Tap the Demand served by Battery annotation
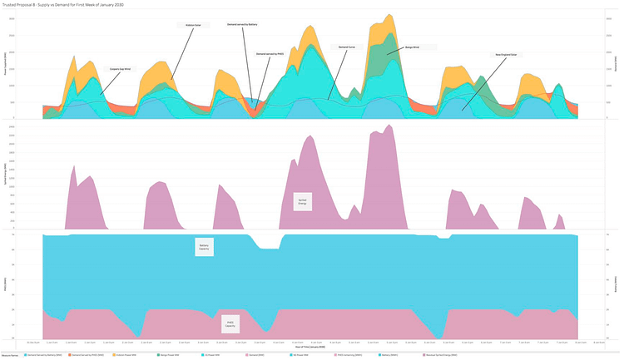click(241, 25)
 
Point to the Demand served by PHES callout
click(271, 54)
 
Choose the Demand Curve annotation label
click(347, 47)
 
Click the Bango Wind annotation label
click(411, 48)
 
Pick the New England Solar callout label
click(506, 55)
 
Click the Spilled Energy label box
click(302, 200)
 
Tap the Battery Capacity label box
click(204, 247)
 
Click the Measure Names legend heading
click(11, 355)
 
